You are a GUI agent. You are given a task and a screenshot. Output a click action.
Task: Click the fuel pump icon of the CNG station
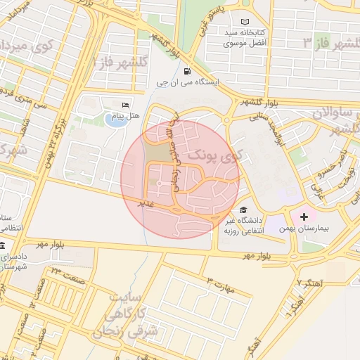(x=186, y=71)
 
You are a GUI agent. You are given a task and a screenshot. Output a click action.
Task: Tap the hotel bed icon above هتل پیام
(x=126, y=105)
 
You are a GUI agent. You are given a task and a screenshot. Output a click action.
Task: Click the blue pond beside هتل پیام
(x=113, y=120)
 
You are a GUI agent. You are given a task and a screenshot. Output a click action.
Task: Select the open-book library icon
(x=245, y=22)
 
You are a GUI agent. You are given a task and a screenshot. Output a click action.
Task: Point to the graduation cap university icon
(x=243, y=209)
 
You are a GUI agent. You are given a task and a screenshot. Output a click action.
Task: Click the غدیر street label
(x=145, y=202)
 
